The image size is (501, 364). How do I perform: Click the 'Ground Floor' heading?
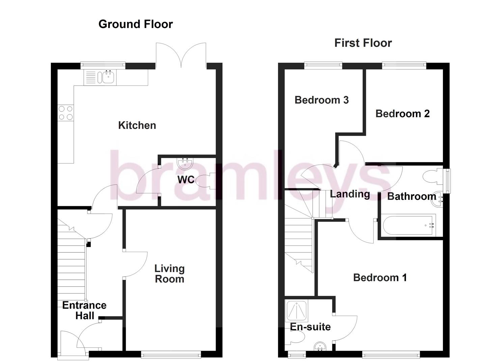click(135, 24)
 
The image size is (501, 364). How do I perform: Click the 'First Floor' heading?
click(363, 43)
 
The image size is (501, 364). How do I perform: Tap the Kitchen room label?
click(137, 125)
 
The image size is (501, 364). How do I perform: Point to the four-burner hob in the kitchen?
click(65, 113)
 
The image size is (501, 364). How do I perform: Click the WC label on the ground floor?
click(186, 180)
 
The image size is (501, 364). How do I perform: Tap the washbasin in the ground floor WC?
click(185, 164)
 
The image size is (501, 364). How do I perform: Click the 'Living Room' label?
click(169, 274)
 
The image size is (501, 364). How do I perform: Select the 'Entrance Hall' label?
click(84, 310)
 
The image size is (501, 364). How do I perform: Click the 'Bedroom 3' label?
click(321, 100)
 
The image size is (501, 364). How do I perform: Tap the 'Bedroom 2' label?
click(402, 114)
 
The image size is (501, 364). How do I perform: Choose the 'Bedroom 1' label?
click(380, 278)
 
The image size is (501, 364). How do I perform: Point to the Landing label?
click(350, 194)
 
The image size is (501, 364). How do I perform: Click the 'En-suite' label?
click(310, 327)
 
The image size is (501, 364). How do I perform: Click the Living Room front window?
click(171, 354)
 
